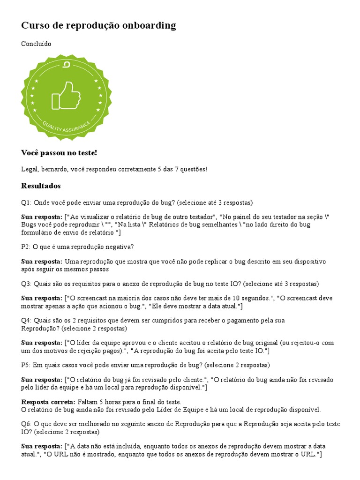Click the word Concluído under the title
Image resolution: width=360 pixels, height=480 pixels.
[36, 44]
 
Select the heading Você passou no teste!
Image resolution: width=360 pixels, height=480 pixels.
[59, 153]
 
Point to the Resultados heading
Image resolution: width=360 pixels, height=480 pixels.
[41, 186]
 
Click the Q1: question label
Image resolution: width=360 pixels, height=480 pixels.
[26, 202]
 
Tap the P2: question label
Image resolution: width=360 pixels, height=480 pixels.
[26, 247]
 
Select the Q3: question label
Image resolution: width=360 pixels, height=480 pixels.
[26, 284]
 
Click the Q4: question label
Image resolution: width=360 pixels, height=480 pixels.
[26, 320]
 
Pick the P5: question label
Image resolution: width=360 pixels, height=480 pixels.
[26, 365]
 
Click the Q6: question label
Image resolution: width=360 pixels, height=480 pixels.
[26, 424]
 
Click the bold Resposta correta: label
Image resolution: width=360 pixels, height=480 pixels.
[48, 402]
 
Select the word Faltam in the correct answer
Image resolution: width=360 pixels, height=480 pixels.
[88, 402]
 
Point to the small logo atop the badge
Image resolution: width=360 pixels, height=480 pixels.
[66, 65]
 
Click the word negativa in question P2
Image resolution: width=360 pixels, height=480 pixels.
[117, 247]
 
